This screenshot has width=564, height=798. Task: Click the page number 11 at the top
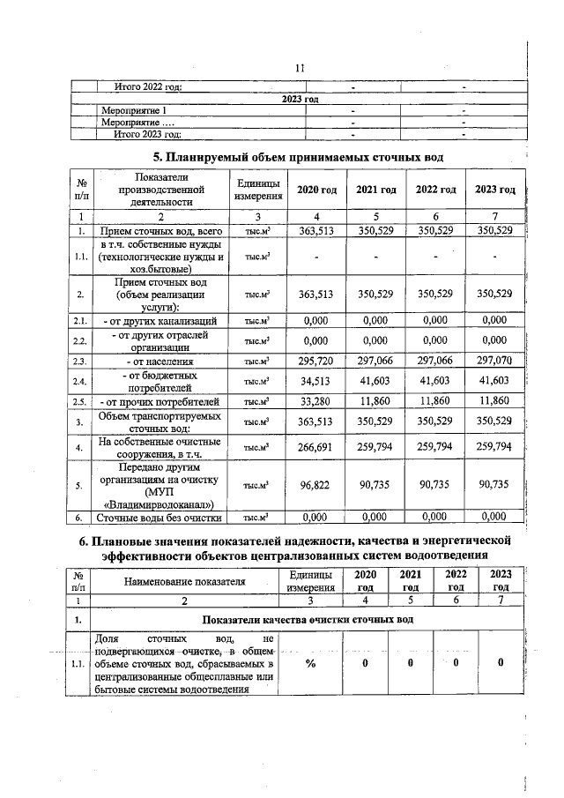click(300, 68)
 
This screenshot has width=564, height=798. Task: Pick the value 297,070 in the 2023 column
click(493, 362)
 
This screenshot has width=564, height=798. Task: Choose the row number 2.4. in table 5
click(80, 382)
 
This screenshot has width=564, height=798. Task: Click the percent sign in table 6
click(310, 664)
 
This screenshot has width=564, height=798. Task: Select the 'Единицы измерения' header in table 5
click(258, 190)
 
